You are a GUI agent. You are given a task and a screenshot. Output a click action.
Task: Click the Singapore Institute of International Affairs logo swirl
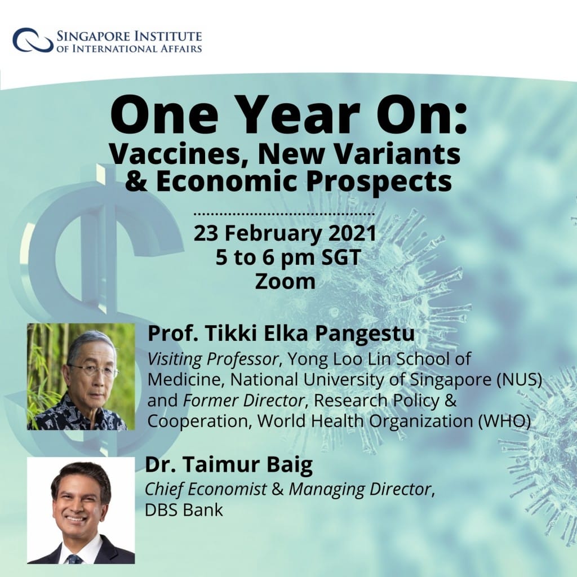[32, 40]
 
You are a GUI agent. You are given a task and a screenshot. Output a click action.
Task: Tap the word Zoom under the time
[285, 282]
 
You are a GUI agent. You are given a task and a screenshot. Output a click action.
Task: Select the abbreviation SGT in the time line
[341, 257]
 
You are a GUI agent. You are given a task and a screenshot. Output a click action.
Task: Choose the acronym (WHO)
[504, 421]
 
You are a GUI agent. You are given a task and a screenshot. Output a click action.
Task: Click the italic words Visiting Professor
[212, 359]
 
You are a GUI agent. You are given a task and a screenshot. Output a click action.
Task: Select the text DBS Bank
[184, 509]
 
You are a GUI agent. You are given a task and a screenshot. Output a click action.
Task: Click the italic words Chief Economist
[206, 489]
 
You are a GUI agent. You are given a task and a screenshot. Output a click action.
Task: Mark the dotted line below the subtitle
[284, 214]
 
